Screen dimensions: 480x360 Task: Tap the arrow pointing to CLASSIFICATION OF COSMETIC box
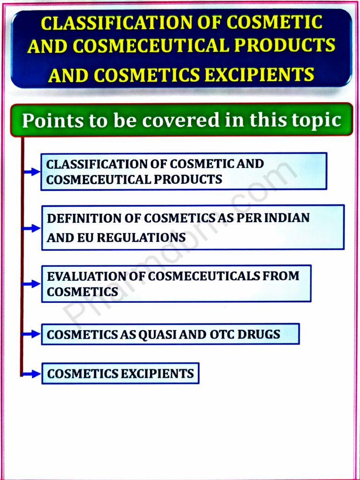click(x=32, y=172)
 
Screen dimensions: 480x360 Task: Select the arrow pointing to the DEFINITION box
click(x=32, y=228)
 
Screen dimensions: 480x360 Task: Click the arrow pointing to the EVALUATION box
click(x=32, y=284)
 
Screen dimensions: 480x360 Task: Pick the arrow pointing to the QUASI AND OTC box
click(x=32, y=334)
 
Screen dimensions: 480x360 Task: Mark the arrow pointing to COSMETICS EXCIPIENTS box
click(x=32, y=374)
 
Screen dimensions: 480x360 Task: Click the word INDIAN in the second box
click(x=287, y=218)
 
